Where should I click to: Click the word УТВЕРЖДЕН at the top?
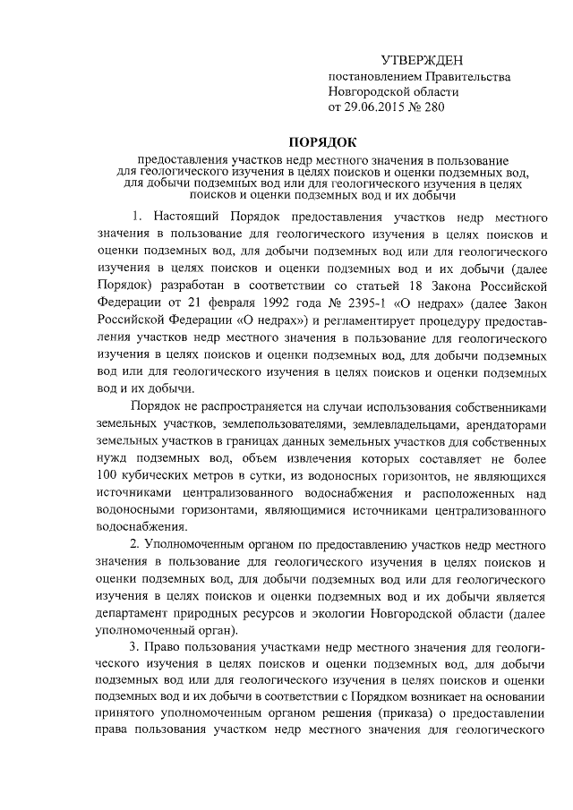(x=423, y=60)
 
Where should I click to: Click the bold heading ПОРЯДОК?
(x=322, y=141)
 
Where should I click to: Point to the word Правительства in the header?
(x=460, y=76)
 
